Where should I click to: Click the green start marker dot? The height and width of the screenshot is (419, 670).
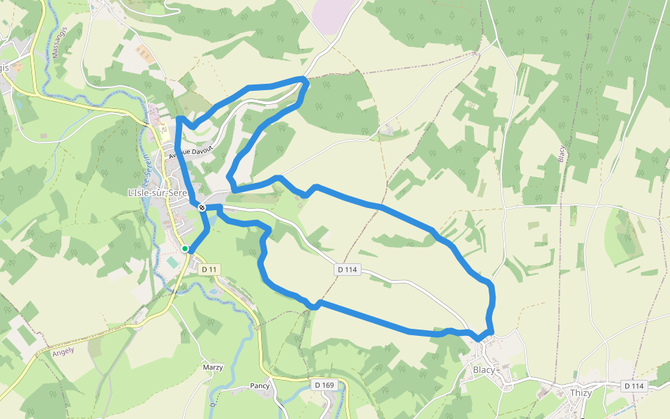(x=185, y=249)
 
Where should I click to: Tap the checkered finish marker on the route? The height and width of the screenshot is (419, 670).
(x=201, y=207)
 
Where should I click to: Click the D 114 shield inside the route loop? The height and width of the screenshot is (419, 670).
(x=346, y=269)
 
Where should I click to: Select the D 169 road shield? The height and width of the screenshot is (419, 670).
(x=324, y=385)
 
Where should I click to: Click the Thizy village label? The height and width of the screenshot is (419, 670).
(x=581, y=392)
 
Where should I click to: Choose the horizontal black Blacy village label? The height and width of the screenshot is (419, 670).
(x=484, y=369)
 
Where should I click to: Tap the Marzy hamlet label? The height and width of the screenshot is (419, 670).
(x=212, y=367)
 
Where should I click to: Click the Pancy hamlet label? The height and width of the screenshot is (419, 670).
(x=260, y=385)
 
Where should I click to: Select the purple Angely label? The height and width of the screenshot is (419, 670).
(x=63, y=352)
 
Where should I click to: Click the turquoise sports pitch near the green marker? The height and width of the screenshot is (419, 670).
(x=172, y=262)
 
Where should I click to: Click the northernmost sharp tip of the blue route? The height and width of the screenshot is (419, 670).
(x=305, y=80)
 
